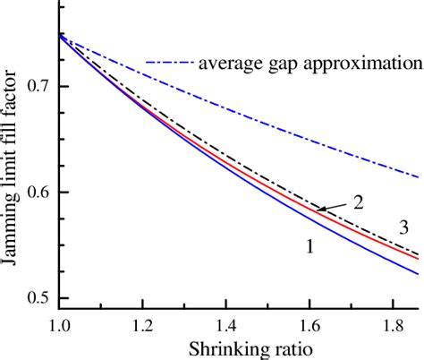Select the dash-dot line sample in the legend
[169, 64]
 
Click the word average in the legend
[231, 64]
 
